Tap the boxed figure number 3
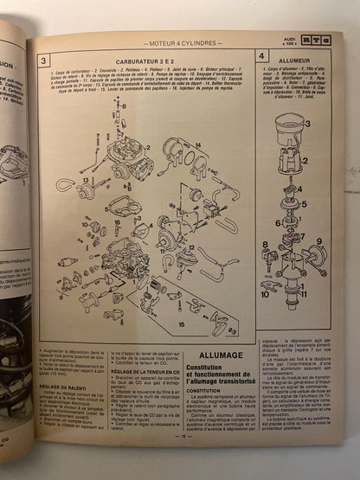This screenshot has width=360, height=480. point(44,61)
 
